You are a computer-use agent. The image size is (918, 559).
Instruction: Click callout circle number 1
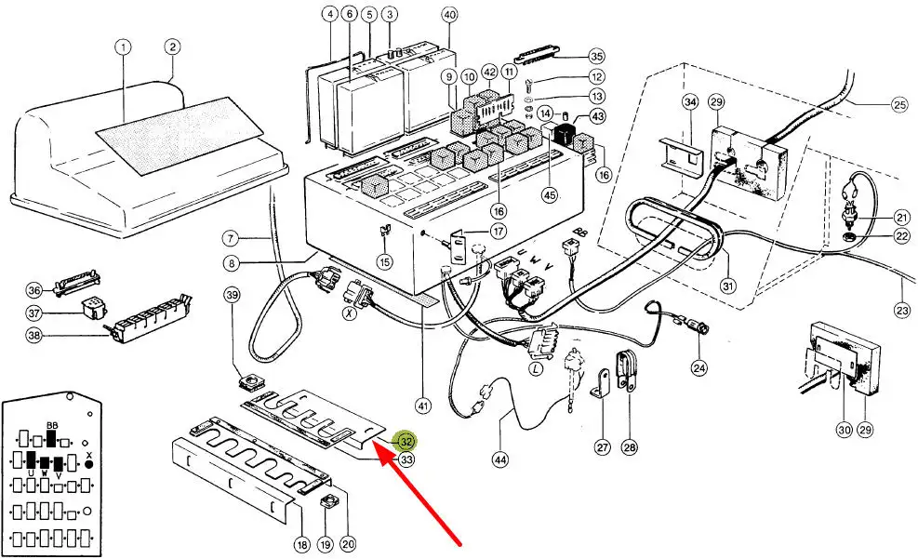(x=124, y=47)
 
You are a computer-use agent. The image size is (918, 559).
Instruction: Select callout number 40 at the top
(x=450, y=15)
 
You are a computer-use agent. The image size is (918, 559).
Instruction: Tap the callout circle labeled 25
(x=898, y=105)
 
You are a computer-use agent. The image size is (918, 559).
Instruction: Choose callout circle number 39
(x=233, y=296)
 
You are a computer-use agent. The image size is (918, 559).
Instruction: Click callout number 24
(x=698, y=367)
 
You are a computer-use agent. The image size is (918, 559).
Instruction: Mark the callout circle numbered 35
(x=596, y=56)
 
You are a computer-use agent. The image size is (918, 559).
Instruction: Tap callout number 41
(x=424, y=406)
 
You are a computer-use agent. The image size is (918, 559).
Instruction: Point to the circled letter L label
(x=536, y=369)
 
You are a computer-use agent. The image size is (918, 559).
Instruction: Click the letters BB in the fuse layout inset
(x=52, y=425)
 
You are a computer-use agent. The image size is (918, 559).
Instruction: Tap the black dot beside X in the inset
(x=89, y=462)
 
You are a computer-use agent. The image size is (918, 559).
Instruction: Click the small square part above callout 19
(x=326, y=503)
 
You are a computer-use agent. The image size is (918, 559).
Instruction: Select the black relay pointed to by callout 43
(x=564, y=135)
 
